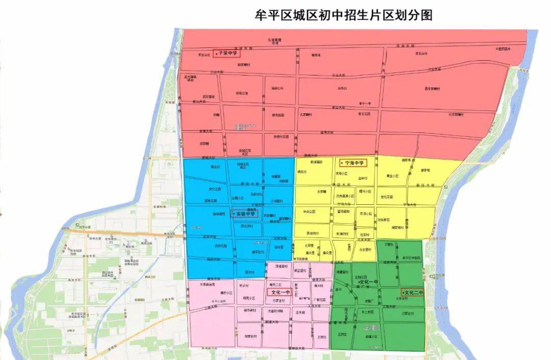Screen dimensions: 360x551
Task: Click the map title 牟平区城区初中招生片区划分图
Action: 344,15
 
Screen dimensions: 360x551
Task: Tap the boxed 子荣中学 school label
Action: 226,53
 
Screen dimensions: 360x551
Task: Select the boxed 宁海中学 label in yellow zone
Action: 353,163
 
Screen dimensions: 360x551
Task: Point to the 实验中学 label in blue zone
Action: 245,213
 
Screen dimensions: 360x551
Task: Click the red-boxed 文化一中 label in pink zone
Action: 280,293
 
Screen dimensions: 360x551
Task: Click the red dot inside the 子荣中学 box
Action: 216,53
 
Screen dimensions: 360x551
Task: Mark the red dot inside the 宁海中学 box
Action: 342,163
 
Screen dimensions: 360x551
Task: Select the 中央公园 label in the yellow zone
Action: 310,211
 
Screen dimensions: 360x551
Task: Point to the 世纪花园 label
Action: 388,198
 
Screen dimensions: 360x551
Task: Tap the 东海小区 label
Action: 367,214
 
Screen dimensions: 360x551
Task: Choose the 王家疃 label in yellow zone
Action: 321,192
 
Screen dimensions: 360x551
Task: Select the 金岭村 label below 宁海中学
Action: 362,178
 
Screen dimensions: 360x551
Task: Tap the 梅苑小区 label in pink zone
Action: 249,297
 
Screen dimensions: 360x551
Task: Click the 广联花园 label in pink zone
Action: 320,300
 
